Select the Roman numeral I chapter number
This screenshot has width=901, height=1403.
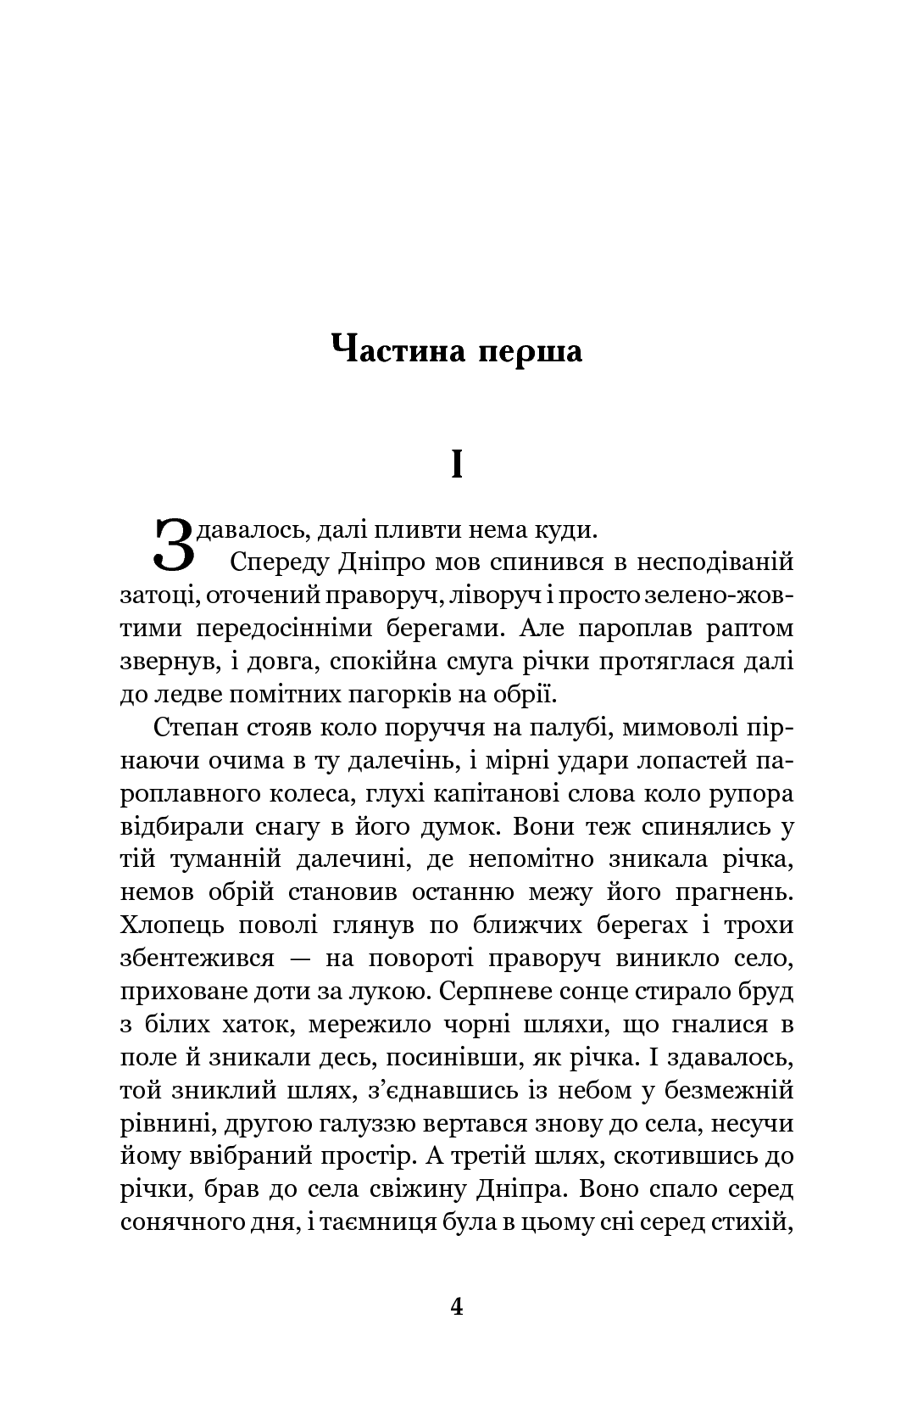(457, 464)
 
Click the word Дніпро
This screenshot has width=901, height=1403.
(389, 563)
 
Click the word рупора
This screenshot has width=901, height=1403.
(752, 795)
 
